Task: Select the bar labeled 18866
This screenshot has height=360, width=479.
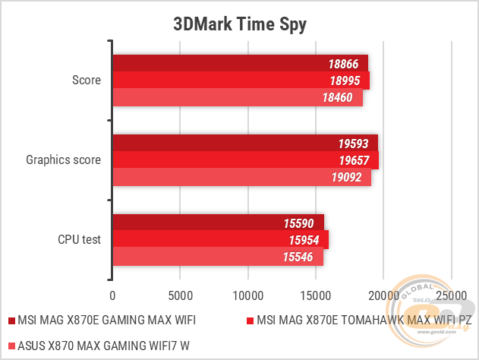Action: point(240,63)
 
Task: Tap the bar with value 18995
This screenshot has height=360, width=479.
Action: point(241,81)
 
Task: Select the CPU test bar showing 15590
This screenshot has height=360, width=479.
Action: point(218,223)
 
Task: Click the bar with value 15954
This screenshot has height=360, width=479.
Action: point(220,240)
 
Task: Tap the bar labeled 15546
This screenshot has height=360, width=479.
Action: point(218,257)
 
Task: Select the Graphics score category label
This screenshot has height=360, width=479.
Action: point(64,160)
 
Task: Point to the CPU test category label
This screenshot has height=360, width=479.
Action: point(80,240)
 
